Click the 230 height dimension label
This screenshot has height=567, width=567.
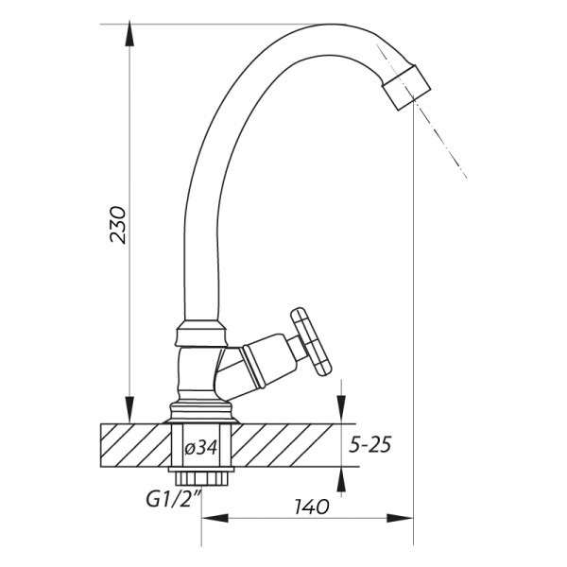[x=119, y=225]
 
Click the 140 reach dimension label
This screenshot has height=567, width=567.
[x=312, y=507]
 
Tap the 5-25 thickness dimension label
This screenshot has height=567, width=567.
[x=369, y=445]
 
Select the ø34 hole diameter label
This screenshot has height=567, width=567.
[x=201, y=448]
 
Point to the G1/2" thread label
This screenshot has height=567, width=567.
[x=173, y=499]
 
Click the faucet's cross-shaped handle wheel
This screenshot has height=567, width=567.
[x=311, y=342]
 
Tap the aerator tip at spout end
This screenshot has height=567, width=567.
[x=407, y=88]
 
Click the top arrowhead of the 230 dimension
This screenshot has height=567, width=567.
[x=129, y=33]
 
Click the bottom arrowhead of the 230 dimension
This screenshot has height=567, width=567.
[x=129, y=410]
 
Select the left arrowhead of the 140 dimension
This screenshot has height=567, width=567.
[x=215, y=518]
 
